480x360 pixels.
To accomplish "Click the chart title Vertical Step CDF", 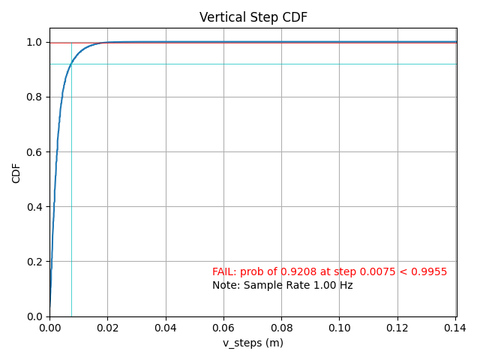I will tap(253, 17).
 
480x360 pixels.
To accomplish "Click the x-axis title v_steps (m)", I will tap(253, 343).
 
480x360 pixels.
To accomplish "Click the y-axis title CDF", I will tap(16, 172).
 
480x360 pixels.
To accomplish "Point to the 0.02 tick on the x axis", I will tap(107, 328).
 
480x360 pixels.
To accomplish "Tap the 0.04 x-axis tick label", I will tap(166, 328).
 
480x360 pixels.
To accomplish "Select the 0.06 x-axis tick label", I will tap(223, 328).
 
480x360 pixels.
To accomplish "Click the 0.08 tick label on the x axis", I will tap(281, 328).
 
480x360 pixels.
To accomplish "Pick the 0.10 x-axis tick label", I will tap(340, 328).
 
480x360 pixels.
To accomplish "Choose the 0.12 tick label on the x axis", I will tap(397, 328).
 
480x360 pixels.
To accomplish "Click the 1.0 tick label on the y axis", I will tap(34, 42).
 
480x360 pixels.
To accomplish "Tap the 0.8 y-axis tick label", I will tap(34, 97).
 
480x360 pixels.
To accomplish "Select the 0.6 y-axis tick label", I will tap(34, 151).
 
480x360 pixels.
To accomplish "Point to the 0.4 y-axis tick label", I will tap(34, 207).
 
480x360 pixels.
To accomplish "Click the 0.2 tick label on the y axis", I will tap(34, 262).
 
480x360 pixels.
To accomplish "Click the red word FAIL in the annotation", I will tap(223, 271).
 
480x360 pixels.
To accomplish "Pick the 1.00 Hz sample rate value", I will tap(334, 285).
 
